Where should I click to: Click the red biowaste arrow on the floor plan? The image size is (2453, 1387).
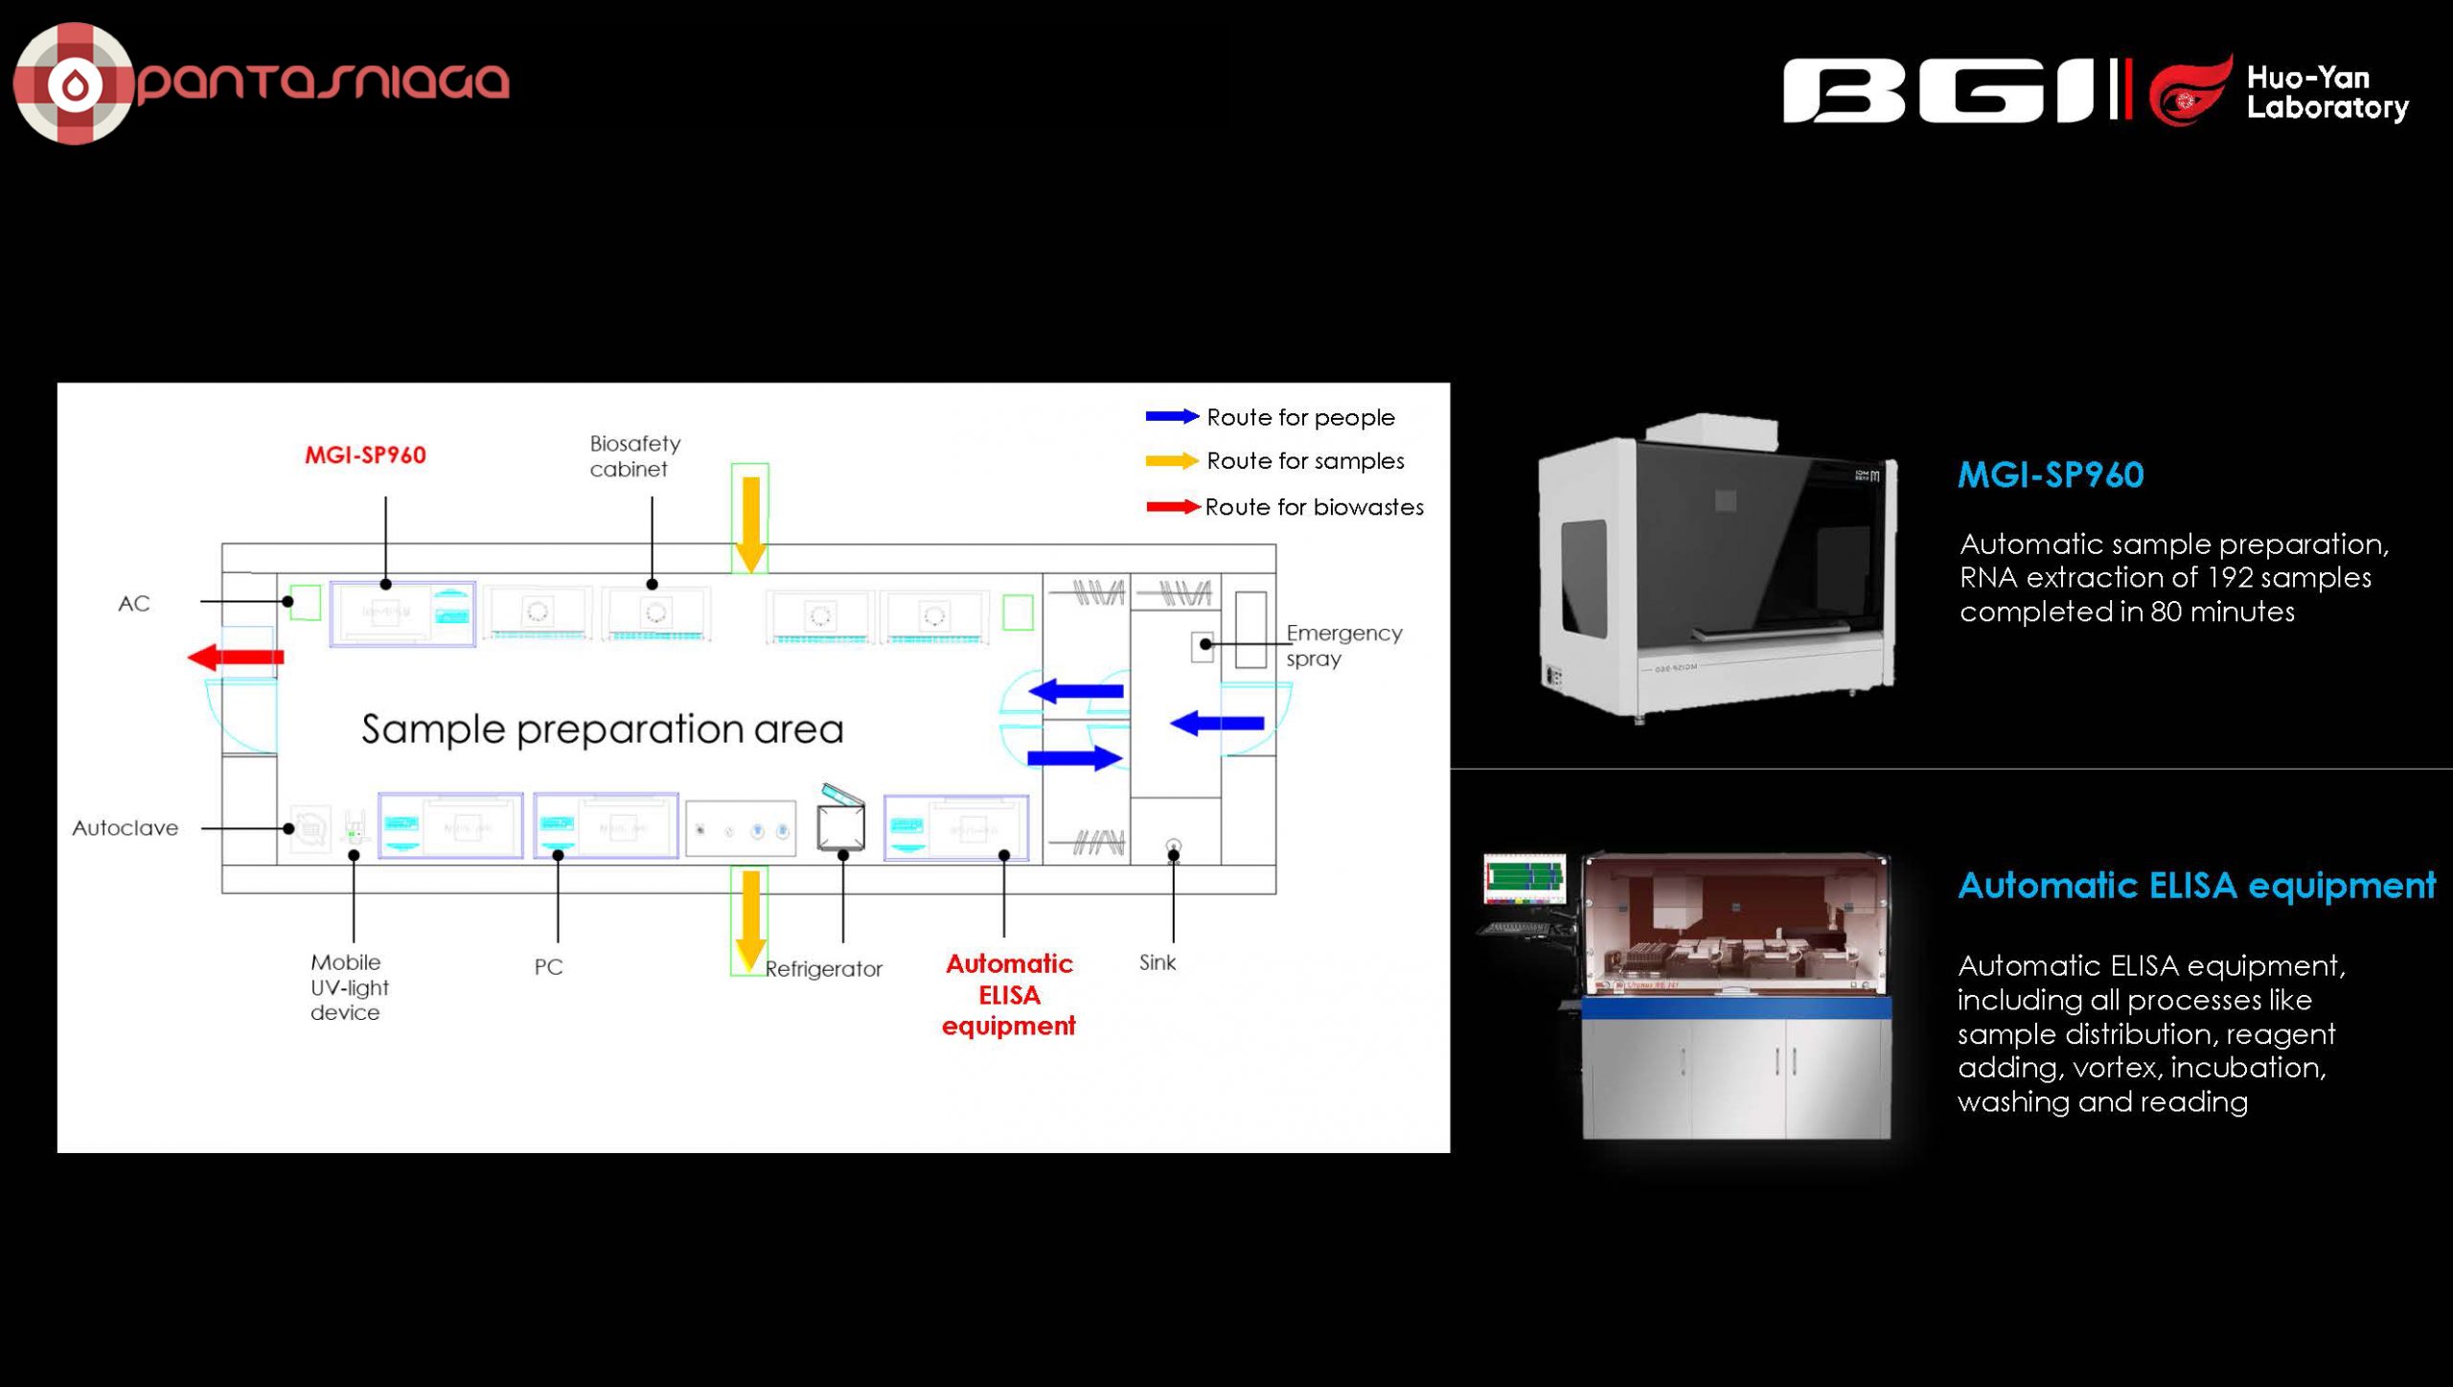coord(236,657)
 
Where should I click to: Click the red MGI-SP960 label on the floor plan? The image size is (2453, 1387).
coord(365,455)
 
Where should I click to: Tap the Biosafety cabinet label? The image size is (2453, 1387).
coord(634,456)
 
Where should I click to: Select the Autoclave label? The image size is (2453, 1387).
coord(125,828)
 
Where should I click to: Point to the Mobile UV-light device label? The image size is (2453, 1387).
coord(349,987)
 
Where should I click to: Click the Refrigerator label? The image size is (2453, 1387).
coord(823,969)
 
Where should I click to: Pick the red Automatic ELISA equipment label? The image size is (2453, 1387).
coord(1008,995)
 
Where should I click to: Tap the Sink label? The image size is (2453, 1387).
coord(1157,962)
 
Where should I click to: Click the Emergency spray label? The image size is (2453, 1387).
coord(1342,646)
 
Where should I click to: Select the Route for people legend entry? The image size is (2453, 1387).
coord(1300,418)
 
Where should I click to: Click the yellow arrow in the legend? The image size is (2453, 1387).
coord(1171,461)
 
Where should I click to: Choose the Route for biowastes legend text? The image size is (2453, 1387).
coord(1314,507)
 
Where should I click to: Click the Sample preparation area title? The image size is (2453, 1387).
coord(602,729)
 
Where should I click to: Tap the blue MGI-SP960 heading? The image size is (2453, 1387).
coord(2050,475)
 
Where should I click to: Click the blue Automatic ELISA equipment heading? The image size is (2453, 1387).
coord(2195,886)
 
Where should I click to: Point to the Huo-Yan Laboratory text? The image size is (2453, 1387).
coord(2326,92)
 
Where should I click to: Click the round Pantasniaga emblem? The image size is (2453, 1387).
coord(73,83)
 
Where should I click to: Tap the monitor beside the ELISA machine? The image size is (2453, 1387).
coord(1524,878)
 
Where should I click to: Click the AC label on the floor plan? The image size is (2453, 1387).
coord(133,604)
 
